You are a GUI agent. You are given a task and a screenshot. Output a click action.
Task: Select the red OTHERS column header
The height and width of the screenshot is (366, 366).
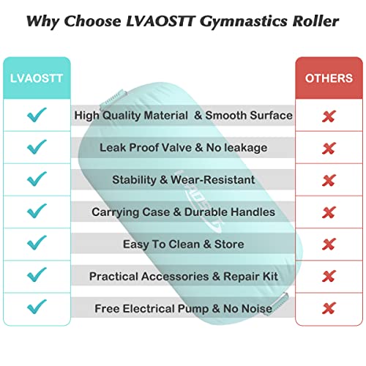tap(328, 77)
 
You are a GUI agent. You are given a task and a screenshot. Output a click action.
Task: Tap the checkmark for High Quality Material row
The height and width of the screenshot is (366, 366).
tap(36, 115)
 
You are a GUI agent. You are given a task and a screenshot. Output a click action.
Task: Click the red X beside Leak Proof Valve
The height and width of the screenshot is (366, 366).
tap(329, 148)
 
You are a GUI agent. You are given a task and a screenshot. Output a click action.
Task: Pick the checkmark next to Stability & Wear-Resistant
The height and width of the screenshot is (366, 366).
tap(36, 179)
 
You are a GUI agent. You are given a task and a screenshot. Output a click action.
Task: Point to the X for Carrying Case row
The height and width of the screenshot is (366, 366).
tap(329, 212)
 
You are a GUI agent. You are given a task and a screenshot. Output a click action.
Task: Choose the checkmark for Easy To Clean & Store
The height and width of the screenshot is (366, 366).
tap(36, 244)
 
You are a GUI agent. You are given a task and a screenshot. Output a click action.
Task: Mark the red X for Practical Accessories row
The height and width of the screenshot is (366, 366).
tap(329, 276)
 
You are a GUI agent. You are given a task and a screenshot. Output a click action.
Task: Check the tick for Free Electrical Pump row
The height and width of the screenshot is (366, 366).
tap(36, 307)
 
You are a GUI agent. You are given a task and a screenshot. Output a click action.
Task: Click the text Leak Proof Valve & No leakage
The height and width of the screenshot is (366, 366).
tap(183, 147)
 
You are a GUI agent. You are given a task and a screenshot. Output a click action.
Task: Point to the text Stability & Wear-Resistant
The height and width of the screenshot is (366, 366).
tap(183, 179)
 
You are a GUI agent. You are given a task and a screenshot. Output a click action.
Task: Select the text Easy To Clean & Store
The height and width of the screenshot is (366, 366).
tap(183, 244)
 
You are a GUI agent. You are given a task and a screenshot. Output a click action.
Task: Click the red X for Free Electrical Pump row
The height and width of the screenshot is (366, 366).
tap(329, 307)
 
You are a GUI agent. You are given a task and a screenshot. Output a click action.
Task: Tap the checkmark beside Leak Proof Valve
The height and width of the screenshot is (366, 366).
tap(36, 147)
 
